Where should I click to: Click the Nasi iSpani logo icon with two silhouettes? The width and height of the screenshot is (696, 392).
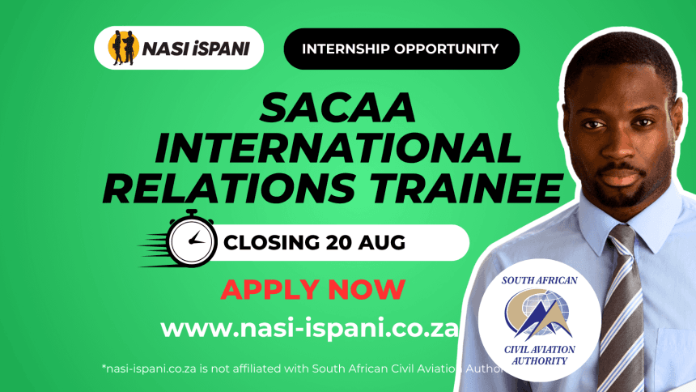coord(123,48)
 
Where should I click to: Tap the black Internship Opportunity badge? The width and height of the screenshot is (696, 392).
coord(401,49)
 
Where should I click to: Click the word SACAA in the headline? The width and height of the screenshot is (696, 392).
coord(337,108)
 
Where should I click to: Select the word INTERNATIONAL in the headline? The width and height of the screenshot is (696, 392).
coord(337,148)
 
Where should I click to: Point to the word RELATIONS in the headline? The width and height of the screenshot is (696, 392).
coord(229,188)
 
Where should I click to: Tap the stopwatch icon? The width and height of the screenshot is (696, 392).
coord(191,239)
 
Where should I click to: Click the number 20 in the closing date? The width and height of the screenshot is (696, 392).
coord(339,243)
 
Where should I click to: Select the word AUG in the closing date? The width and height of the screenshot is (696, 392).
coord(382,243)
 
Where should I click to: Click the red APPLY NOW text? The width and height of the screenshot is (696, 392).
coord(313,289)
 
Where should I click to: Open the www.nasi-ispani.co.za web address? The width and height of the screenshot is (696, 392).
coord(309,330)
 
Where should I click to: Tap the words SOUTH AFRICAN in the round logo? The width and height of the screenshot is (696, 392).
coord(539,280)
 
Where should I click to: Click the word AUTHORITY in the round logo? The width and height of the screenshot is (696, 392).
coord(539,361)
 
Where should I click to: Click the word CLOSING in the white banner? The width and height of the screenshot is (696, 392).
coord(271,243)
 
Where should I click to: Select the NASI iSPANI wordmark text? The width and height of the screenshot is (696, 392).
coord(196,49)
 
